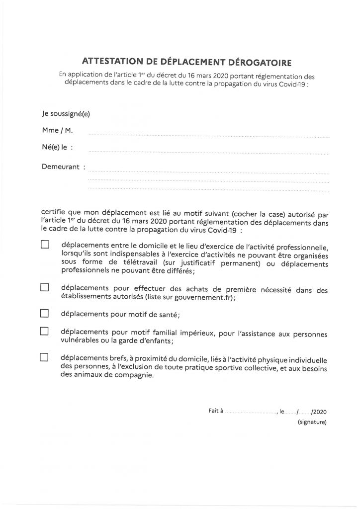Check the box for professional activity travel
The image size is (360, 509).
45,245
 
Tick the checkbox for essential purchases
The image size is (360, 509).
45,287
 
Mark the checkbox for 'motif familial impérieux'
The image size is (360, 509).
45,331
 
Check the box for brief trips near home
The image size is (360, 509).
45,357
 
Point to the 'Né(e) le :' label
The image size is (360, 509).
58,148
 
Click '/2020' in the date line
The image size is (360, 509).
319,412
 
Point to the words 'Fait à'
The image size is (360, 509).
216,411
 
